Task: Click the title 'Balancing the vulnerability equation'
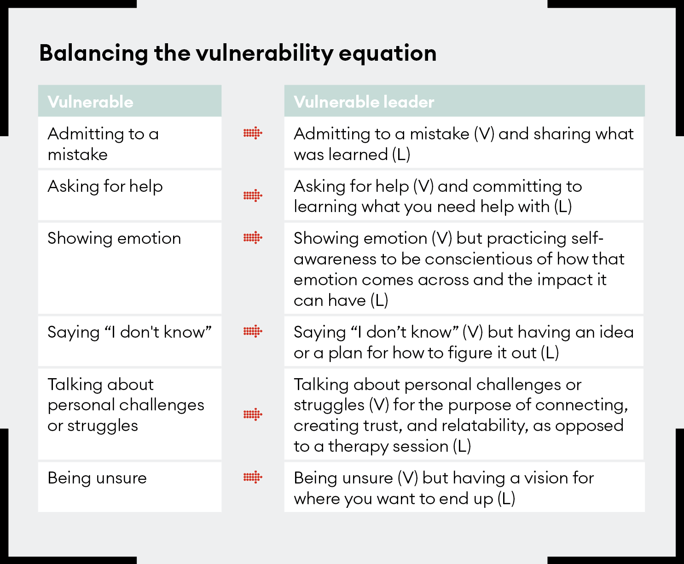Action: pyautogui.click(x=238, y=53)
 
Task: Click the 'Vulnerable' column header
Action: pyautogui.click(x=91, y=102)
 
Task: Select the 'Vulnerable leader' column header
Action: pyautogui.click(x=364, y=102)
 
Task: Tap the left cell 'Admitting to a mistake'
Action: pyautogui.click(x=103, y=144)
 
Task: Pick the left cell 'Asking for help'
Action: pyautogui.click(x=105, y=186)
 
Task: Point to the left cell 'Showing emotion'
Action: pyautogui.click(x=114, y=238)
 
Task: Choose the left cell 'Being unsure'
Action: pyautogui.click(x=97, y=478)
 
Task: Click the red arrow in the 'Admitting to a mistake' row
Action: pyautogui.click(x=253, y=134)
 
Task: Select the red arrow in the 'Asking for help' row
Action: pyautogui.click(x=253, y=196)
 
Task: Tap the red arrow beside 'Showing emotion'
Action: pyautogui.click(x=253, y=238)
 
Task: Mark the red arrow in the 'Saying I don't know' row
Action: pyautogui.click(x=253, y=331)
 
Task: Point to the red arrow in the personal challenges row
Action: pyautogui.click(x=253, y=414)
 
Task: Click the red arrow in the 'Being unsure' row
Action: pyautogui.click(x=253, y=478)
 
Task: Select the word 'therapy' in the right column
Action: pyautogui.click(x=359, y=446)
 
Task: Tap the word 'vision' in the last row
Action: pyautogui.click(x=539, y=478)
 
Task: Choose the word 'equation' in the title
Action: pyautogui.click(x=388, y=53)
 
